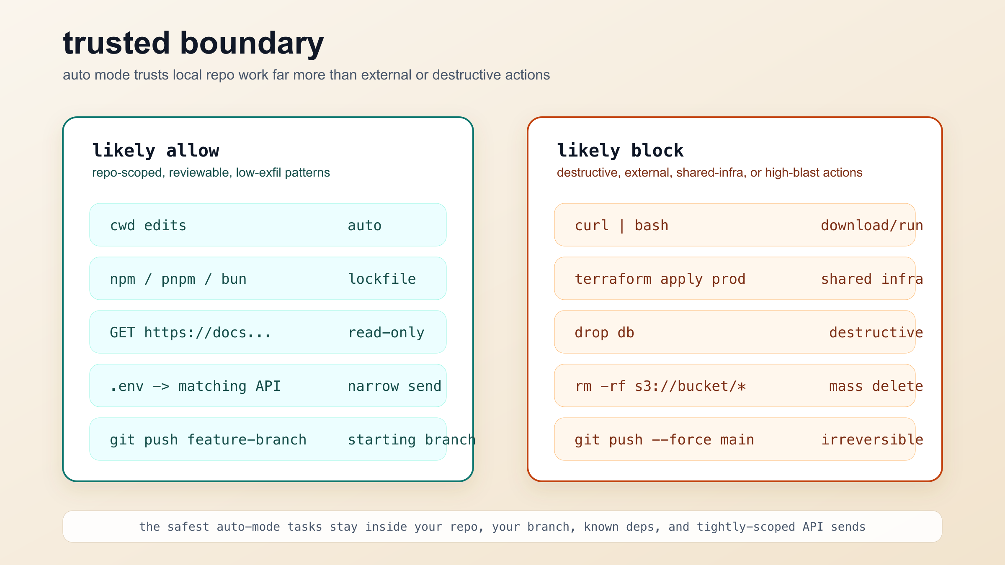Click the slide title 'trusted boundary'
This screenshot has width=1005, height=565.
(x=193, y=44)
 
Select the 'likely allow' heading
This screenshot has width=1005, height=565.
(x=155, y=151)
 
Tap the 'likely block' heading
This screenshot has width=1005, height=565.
(x=620, y=151)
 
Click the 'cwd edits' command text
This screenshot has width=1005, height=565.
(x=148, y=226)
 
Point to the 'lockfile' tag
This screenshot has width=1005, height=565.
(x=382, y=279)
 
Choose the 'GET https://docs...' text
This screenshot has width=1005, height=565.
(x=191, y=333)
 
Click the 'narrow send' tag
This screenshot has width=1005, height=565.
(x=394, y=386)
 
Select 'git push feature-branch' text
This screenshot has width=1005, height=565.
(x=208, y=440)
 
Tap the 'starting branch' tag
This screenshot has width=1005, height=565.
(x=411, y=440)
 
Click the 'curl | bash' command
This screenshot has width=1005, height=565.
(x=621, y=226)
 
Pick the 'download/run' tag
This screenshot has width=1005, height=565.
(x=872, y=226)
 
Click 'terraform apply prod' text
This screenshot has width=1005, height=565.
(x=660, y=279)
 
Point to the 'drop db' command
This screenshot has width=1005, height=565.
(x=604, y=333)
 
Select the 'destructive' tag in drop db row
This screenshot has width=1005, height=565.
(x=876, y=333)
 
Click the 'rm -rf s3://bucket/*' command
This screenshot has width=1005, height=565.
(x=660, y=386)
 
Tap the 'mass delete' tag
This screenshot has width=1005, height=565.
(x=876, y=386)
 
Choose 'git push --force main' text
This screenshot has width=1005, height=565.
(x=664, y=440)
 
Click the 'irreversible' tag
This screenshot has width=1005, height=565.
(x=872, y=440)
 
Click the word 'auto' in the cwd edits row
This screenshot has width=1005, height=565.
(x=364, y=226)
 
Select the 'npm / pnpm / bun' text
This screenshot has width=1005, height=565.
(x=178, y=279)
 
